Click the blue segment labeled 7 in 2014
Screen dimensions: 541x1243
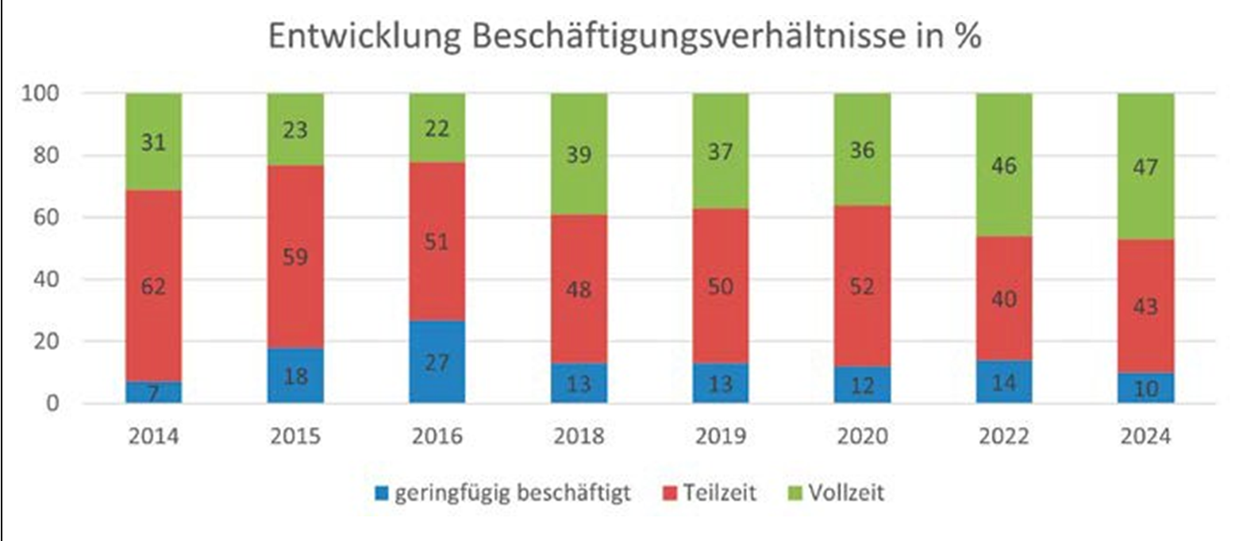point(153,392)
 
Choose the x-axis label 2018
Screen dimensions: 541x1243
point(579,436)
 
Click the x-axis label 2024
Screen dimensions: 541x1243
point(1145,436)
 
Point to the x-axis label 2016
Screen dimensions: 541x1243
point(437,436)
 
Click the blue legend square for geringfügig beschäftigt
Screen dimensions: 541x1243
point(383,493)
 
